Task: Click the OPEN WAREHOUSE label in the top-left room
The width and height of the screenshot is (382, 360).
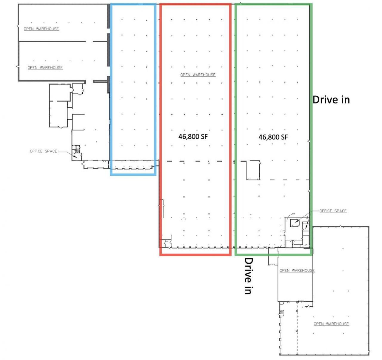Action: click(41, 29)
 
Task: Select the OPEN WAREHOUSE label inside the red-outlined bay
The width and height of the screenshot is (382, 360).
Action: click(198, 75)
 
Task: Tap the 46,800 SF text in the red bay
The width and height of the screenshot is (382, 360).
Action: click(193, 137)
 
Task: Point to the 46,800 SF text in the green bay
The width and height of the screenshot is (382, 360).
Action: click(273, 137)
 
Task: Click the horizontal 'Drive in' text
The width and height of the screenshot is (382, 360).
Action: click(331, 100)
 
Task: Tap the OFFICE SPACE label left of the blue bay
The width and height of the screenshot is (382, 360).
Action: click(44, 151)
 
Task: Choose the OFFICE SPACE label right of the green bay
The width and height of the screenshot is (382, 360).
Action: click(333, 211)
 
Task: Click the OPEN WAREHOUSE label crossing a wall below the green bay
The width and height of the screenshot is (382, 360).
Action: click(297, 271)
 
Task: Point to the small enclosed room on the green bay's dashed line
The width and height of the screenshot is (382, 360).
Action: click(253, 170)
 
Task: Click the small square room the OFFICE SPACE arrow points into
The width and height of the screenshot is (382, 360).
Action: click(294, 223)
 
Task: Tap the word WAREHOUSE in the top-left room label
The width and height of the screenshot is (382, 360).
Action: click(47, 29)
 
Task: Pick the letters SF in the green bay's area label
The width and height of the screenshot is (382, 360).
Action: click(284, 137)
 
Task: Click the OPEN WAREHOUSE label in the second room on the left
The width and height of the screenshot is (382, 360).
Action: click(45, 68)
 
